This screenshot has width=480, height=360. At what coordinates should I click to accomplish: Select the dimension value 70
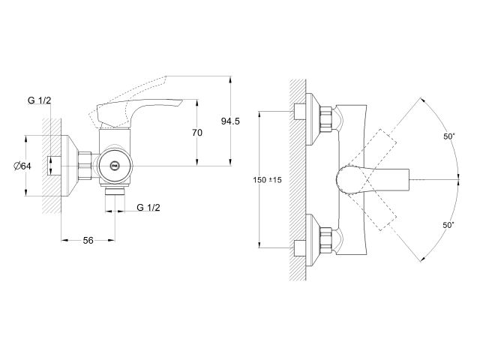click(197, 133)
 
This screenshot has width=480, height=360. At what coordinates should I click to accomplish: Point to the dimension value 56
click(88, 240)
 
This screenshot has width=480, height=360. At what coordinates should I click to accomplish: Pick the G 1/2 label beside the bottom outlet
click(148, 207)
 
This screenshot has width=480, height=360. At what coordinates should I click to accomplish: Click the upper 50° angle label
click(448, 136)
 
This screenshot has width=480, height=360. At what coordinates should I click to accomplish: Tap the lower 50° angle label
click(448, 224)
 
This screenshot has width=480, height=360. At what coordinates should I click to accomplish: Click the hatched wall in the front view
click(297, 180)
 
